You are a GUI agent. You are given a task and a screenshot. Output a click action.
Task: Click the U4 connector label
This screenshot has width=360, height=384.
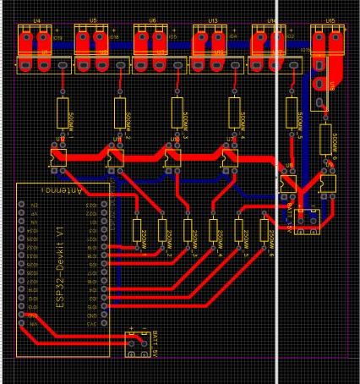(x=36, y=18)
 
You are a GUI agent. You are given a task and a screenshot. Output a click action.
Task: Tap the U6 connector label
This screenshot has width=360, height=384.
(x=152, y=18)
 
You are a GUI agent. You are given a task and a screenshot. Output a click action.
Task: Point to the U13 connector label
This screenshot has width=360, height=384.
(x=211, y=18)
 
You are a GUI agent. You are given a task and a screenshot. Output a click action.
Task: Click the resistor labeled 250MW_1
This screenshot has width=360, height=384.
(x=136, y=231)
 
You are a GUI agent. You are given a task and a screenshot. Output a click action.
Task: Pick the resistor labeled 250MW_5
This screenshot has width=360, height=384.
(x=239, y=231)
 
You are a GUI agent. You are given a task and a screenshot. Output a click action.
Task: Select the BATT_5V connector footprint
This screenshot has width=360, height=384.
(x=134, y=344)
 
